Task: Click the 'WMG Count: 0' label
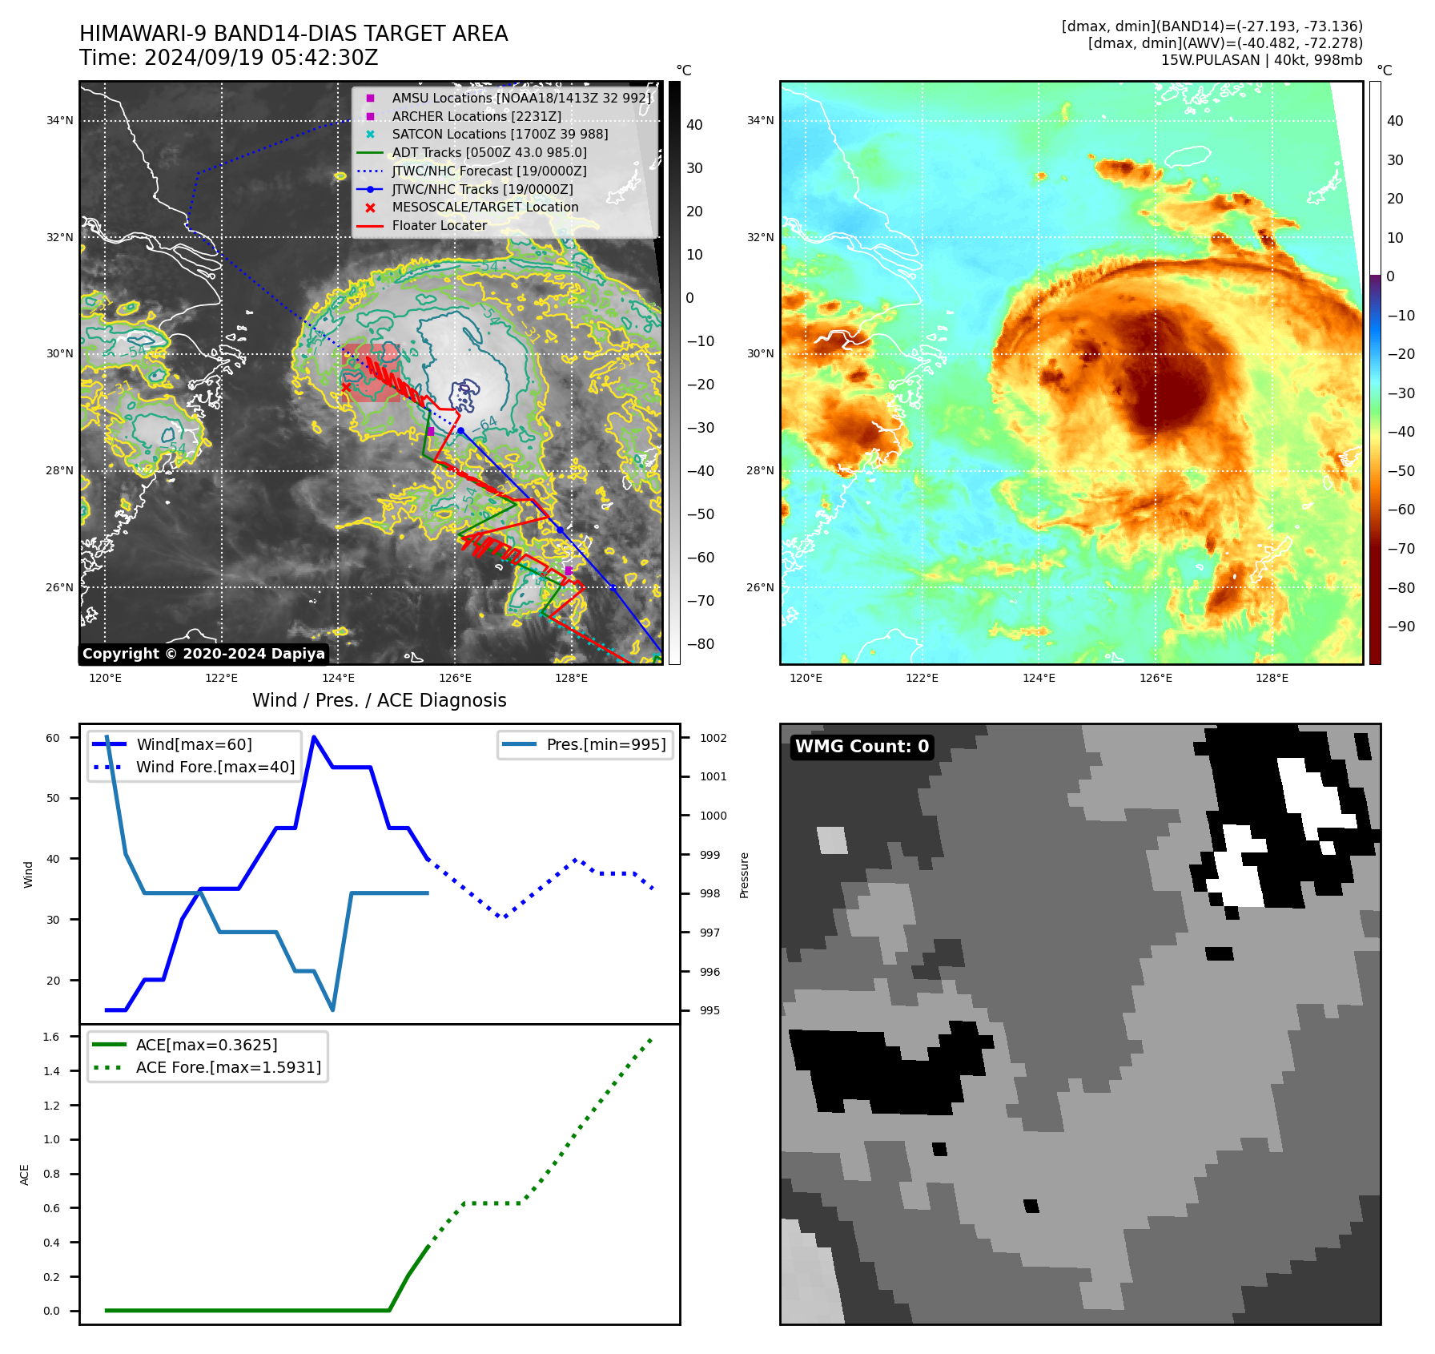click(862, 747)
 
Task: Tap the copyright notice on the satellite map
click(203, 654)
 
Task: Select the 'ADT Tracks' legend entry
click(488, 152)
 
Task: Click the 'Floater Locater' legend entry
click(439, 226)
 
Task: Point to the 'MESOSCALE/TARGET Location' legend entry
click(484, 208)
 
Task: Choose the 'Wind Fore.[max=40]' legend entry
click(215, 768)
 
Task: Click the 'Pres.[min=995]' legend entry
click(605, 745)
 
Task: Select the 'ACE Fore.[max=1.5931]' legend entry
click(228, 1068)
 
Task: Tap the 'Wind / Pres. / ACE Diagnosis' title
click(379, 701)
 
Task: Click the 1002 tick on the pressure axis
click(713, 738)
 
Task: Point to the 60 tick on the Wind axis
click(53, 738)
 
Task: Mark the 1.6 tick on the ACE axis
click(51, 1037)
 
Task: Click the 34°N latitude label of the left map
click(59, 121)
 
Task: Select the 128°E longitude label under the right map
click(1272, 679)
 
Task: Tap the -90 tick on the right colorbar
click(1401, 627)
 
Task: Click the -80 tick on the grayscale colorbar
click(700, 644)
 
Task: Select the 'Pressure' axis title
click(744, 875)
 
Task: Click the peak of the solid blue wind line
click(314, 736)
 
